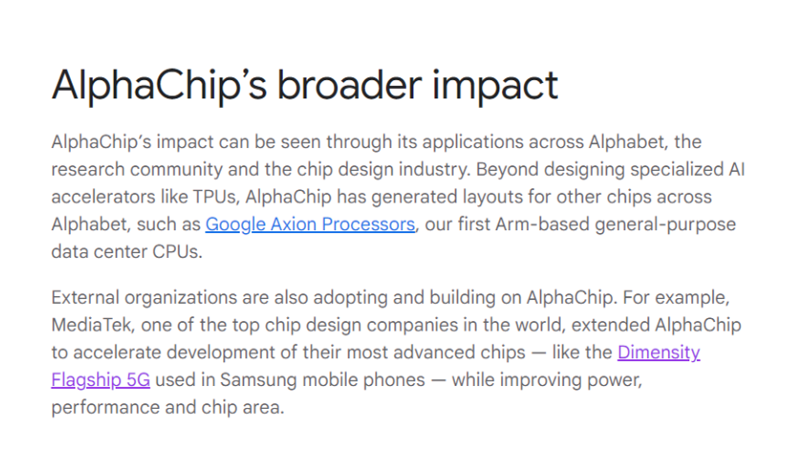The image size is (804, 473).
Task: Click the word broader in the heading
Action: coord(350,85)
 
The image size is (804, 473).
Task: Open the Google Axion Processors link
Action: coord(310,225)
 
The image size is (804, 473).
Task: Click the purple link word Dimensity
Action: coord(659,353)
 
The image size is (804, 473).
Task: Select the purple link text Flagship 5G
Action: coord(100,380)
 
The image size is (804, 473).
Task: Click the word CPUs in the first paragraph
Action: coord(177,252)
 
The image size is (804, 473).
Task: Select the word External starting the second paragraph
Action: coord(85,297)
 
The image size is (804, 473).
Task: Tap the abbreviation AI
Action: coord(737,169)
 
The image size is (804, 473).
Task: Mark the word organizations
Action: coord(180,298)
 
